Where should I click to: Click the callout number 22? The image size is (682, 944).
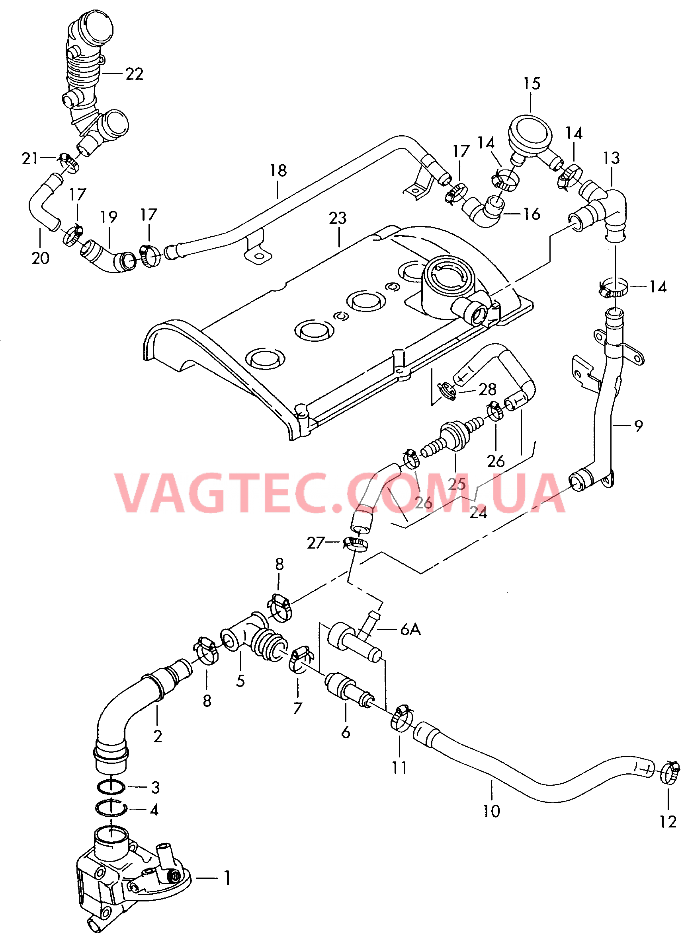(134, 74)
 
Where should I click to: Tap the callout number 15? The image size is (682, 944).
(532, 84)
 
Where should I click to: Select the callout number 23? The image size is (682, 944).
(338, 218)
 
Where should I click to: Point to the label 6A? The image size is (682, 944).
(410, 629)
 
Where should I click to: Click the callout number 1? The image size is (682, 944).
(227, 878)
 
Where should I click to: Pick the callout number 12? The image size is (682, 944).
(668, 822)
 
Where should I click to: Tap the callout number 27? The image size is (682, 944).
(315, 543)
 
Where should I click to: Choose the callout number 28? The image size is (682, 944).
(487, 389)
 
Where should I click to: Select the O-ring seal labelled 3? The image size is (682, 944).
(111, 787)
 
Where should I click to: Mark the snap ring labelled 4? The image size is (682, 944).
(111, 809)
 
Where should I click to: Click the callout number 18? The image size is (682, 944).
(278, 171)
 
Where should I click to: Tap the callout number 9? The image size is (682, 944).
(638, 426)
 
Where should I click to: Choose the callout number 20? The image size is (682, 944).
(41, 258)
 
